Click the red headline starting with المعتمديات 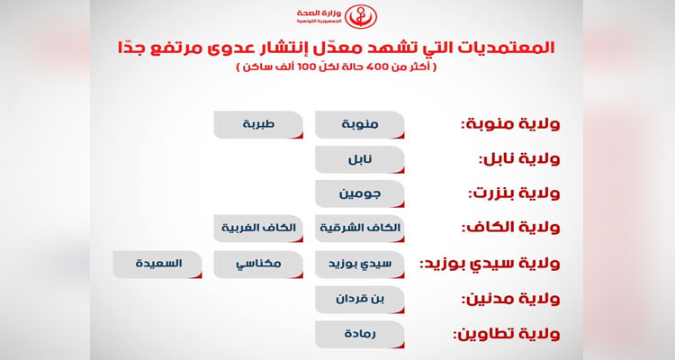[337, 48]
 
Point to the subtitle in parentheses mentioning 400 [337, 67]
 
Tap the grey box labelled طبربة [258, 125]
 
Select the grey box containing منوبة [359, 125]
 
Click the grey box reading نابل [359, 159]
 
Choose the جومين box [359, 193]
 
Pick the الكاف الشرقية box [359, 229]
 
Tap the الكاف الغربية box [258, 229]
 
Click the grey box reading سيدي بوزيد [359, 265]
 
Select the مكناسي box [258, 265]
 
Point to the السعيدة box [157, 265]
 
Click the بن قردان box [359, 299]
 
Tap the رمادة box [359, 334]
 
